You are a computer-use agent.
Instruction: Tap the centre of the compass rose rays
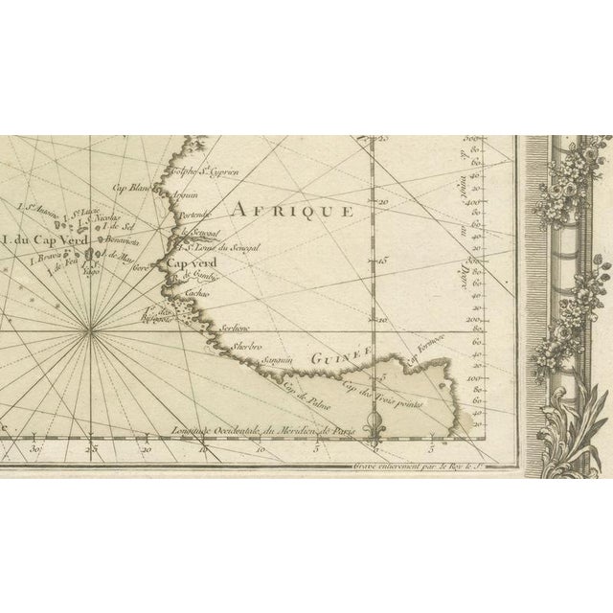91,331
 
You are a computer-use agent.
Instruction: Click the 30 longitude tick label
35,447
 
